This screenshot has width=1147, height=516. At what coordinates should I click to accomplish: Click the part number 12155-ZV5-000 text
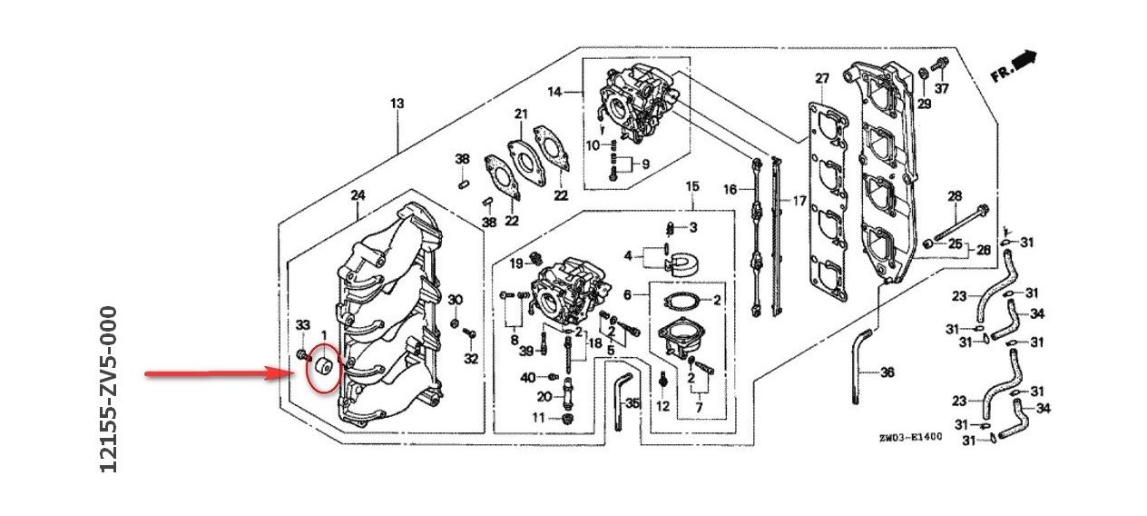[x=110, y=389]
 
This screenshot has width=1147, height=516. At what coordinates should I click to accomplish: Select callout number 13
[x=397, y=104]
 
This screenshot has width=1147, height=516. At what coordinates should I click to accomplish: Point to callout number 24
[x=358, y=195]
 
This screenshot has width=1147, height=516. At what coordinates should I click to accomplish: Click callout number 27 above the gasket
[x=822, y=79]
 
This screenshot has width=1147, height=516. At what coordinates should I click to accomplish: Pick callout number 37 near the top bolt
[x=942, y=88]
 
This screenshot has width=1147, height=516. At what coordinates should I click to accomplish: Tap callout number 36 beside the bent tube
[x=887, y=372]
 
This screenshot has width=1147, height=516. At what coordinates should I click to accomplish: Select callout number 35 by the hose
[x=632, y=402]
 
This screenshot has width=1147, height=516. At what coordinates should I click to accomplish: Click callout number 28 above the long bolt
[x=954, y=196]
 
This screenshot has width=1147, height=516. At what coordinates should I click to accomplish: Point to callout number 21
[x=520, y=114]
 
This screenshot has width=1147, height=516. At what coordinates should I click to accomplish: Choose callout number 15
[x=692, y=187]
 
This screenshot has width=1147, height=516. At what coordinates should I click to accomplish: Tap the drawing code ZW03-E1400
[x=910, y=437]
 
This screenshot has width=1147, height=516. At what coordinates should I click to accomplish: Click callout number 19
[x=515, y=263]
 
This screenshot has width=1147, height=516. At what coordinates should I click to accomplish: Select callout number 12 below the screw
[x=662, y=405]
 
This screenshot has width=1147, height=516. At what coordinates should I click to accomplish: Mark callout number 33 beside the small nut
[x=303, y=325]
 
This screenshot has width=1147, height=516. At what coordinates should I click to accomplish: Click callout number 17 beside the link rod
[x=799, y=200]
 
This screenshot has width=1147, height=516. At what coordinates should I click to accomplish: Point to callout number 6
[x=627, y=295]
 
